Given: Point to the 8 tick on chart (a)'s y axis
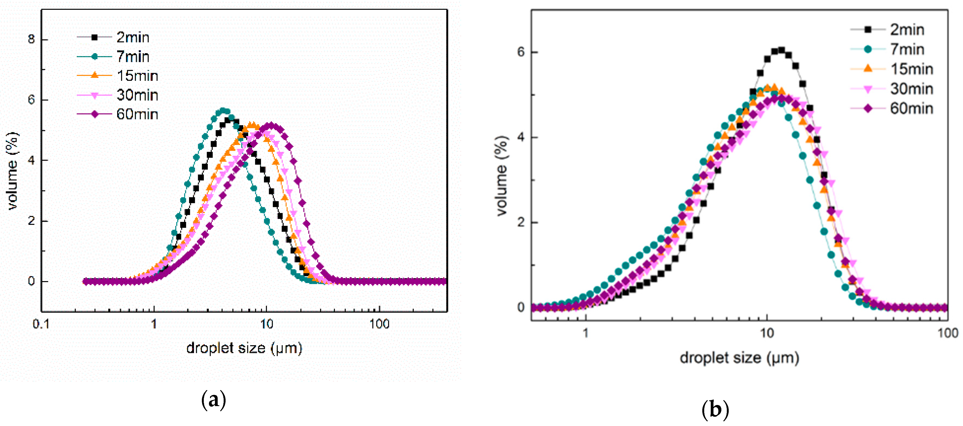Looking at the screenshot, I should (32, 39).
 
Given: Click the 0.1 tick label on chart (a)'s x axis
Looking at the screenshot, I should (41, 324).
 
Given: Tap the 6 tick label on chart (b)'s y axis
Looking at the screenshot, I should (521, 52).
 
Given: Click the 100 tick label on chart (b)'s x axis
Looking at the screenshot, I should (947, 333).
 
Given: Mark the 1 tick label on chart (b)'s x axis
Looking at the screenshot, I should (585, 333).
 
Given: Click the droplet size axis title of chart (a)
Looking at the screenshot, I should (244, 348).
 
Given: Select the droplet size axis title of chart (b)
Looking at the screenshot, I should (739, 358).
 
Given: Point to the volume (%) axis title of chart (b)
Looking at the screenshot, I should (502, 176).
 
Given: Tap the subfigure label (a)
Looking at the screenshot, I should (214, 400).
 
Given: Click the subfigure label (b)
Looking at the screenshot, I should (715, 410).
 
